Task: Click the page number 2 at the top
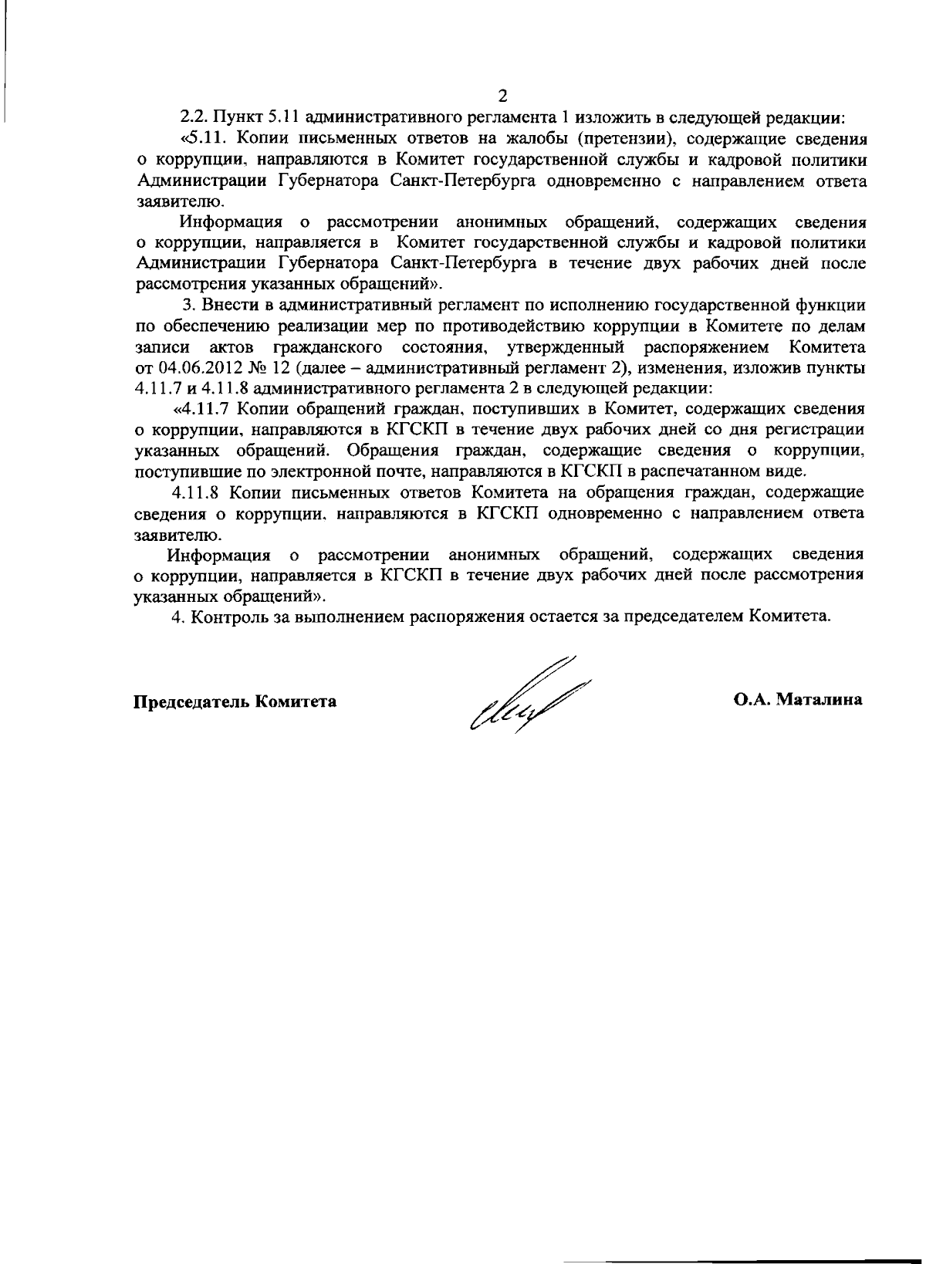click(502, 96)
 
